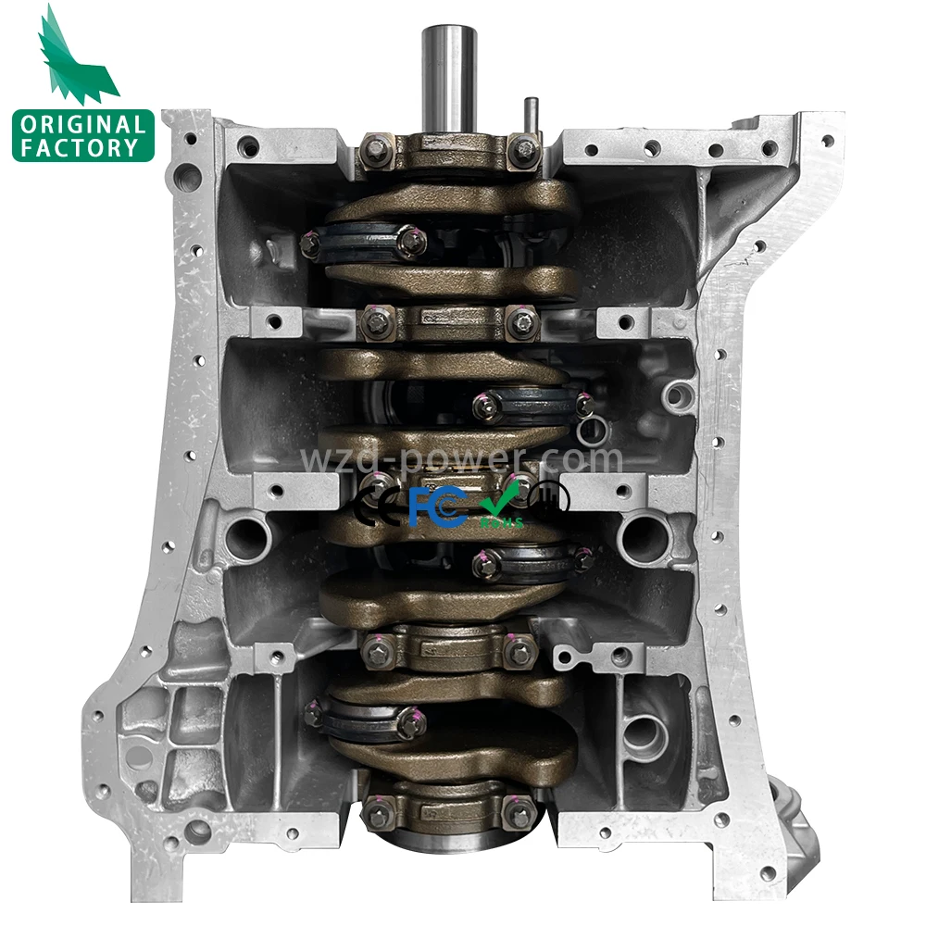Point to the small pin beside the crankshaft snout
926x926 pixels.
pyautogui.click(x=532, y=116)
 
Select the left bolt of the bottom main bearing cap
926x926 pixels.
pyautogui.click(x=375, y=813)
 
